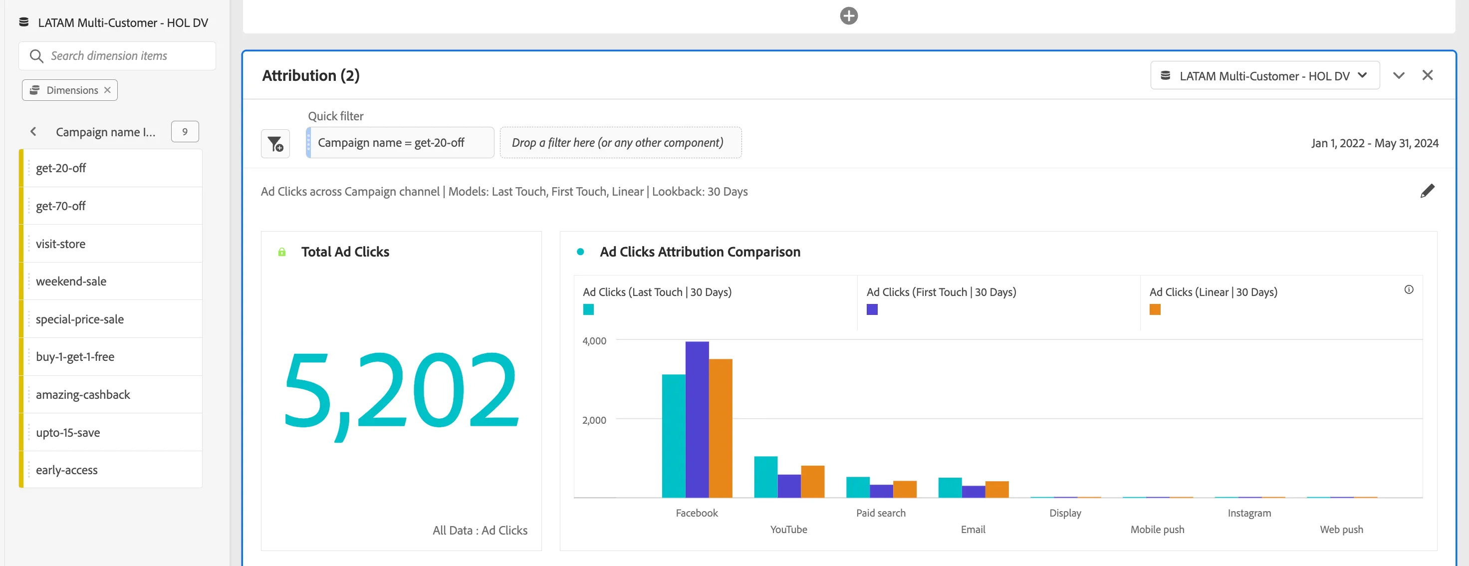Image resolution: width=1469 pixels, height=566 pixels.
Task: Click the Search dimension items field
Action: pos(117,56)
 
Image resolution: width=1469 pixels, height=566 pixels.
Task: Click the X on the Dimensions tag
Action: pos(107,90)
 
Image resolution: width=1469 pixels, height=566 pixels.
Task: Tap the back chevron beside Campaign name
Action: pos(33,132)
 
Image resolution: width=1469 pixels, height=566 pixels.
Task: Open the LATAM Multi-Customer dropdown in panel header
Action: pos(1264,75)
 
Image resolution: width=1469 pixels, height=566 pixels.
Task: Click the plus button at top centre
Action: pos(849,15)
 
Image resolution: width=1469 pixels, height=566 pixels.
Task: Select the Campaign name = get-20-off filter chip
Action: pos(400,143)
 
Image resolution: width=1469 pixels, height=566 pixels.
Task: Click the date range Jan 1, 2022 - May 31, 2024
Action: pos(1374,143)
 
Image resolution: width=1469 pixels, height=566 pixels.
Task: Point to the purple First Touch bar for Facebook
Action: pos(697,419)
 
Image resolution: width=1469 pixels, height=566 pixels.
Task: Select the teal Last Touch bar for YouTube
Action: pos(765,477)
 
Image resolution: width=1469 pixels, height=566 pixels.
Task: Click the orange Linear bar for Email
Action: pos(997,490)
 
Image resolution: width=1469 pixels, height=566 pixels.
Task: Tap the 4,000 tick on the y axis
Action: pos(594,340)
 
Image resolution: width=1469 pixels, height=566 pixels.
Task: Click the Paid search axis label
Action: pos(881,513)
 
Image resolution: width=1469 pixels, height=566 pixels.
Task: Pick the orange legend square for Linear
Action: pos(1155,309)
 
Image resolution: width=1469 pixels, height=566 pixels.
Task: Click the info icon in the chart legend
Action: pos(1409,290)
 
